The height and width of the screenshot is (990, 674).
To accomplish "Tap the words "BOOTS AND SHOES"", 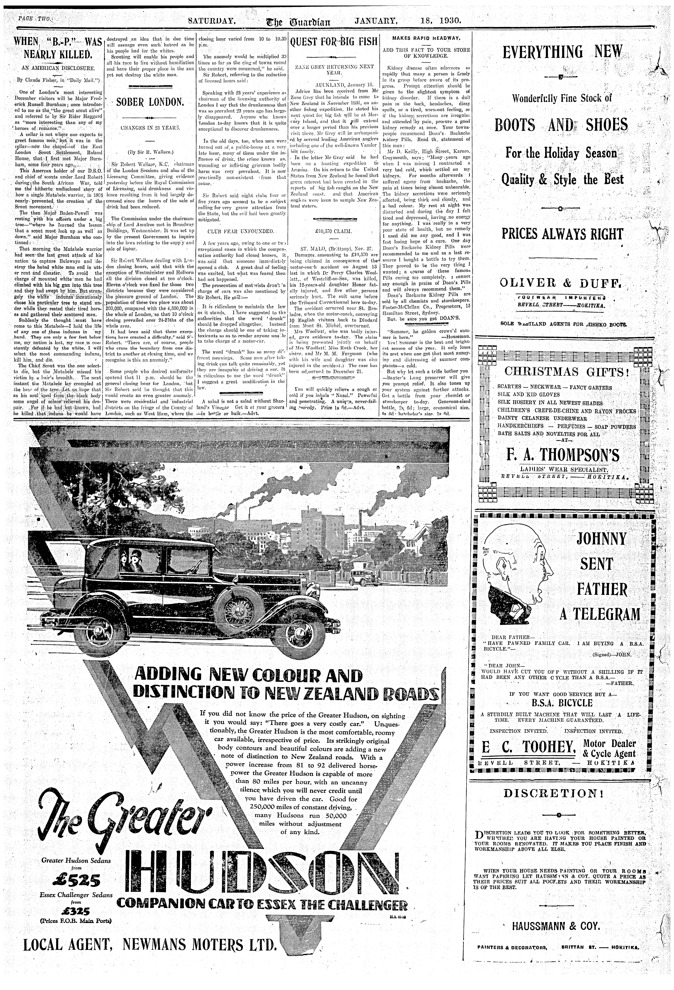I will pyautogui.click(x=561, y=125).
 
